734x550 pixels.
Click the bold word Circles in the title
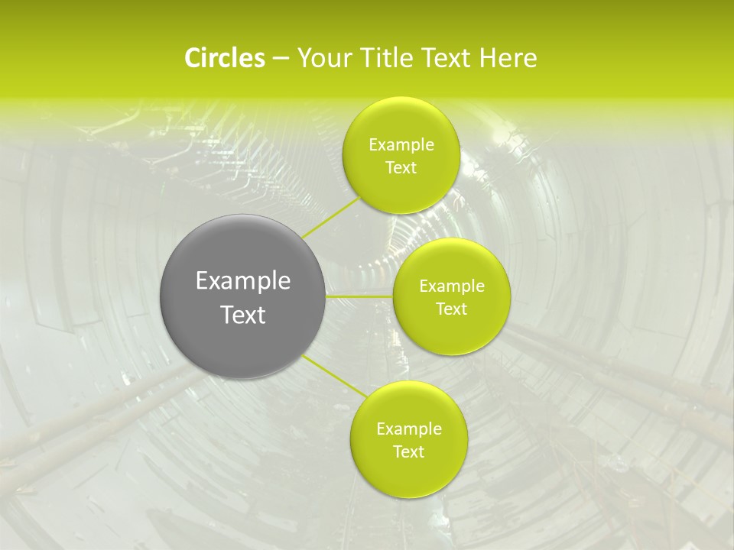point(225,58)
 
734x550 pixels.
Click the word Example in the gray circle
point(243,281)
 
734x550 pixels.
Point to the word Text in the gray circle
point(243,315)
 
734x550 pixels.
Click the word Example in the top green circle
point(401,145)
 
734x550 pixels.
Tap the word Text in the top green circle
point(401,168)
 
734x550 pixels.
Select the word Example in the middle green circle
point(452,286)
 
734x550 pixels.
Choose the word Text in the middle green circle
point(451,309)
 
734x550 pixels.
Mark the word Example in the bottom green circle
point(409,429)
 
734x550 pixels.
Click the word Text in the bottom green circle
point(408,452)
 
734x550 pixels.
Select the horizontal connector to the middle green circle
point(359,296)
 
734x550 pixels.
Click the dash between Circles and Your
point(280,59)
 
